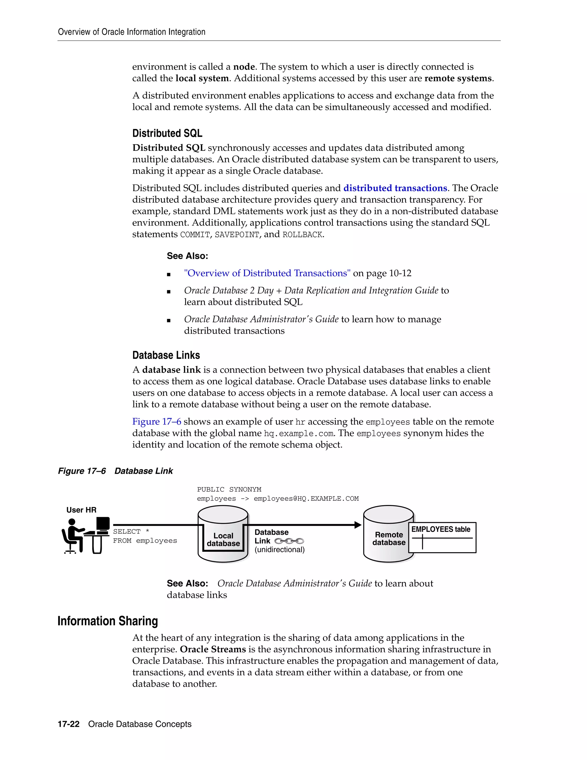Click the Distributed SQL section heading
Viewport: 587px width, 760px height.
[167, 133]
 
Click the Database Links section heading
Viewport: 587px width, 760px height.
[166, 355]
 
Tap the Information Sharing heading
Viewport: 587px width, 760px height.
[107, 621]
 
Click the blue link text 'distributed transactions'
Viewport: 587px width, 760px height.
[395, 188]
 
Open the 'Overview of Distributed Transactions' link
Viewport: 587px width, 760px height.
[267, 273]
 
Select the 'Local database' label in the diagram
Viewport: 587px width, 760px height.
[223, 540]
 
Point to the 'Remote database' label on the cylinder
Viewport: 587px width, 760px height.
[389, 539]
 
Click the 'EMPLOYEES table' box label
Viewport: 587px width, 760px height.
[441, 529]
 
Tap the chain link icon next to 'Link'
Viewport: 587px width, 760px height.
[289, 541]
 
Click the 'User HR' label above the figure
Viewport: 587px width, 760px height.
[81, 510]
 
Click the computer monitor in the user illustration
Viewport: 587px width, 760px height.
[103, 524]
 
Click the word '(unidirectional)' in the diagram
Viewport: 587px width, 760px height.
[279, 549]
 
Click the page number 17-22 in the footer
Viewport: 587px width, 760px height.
[69, 724]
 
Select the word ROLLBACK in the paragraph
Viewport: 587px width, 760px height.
[302, 235]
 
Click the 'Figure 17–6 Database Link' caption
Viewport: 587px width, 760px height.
[115, 471]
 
